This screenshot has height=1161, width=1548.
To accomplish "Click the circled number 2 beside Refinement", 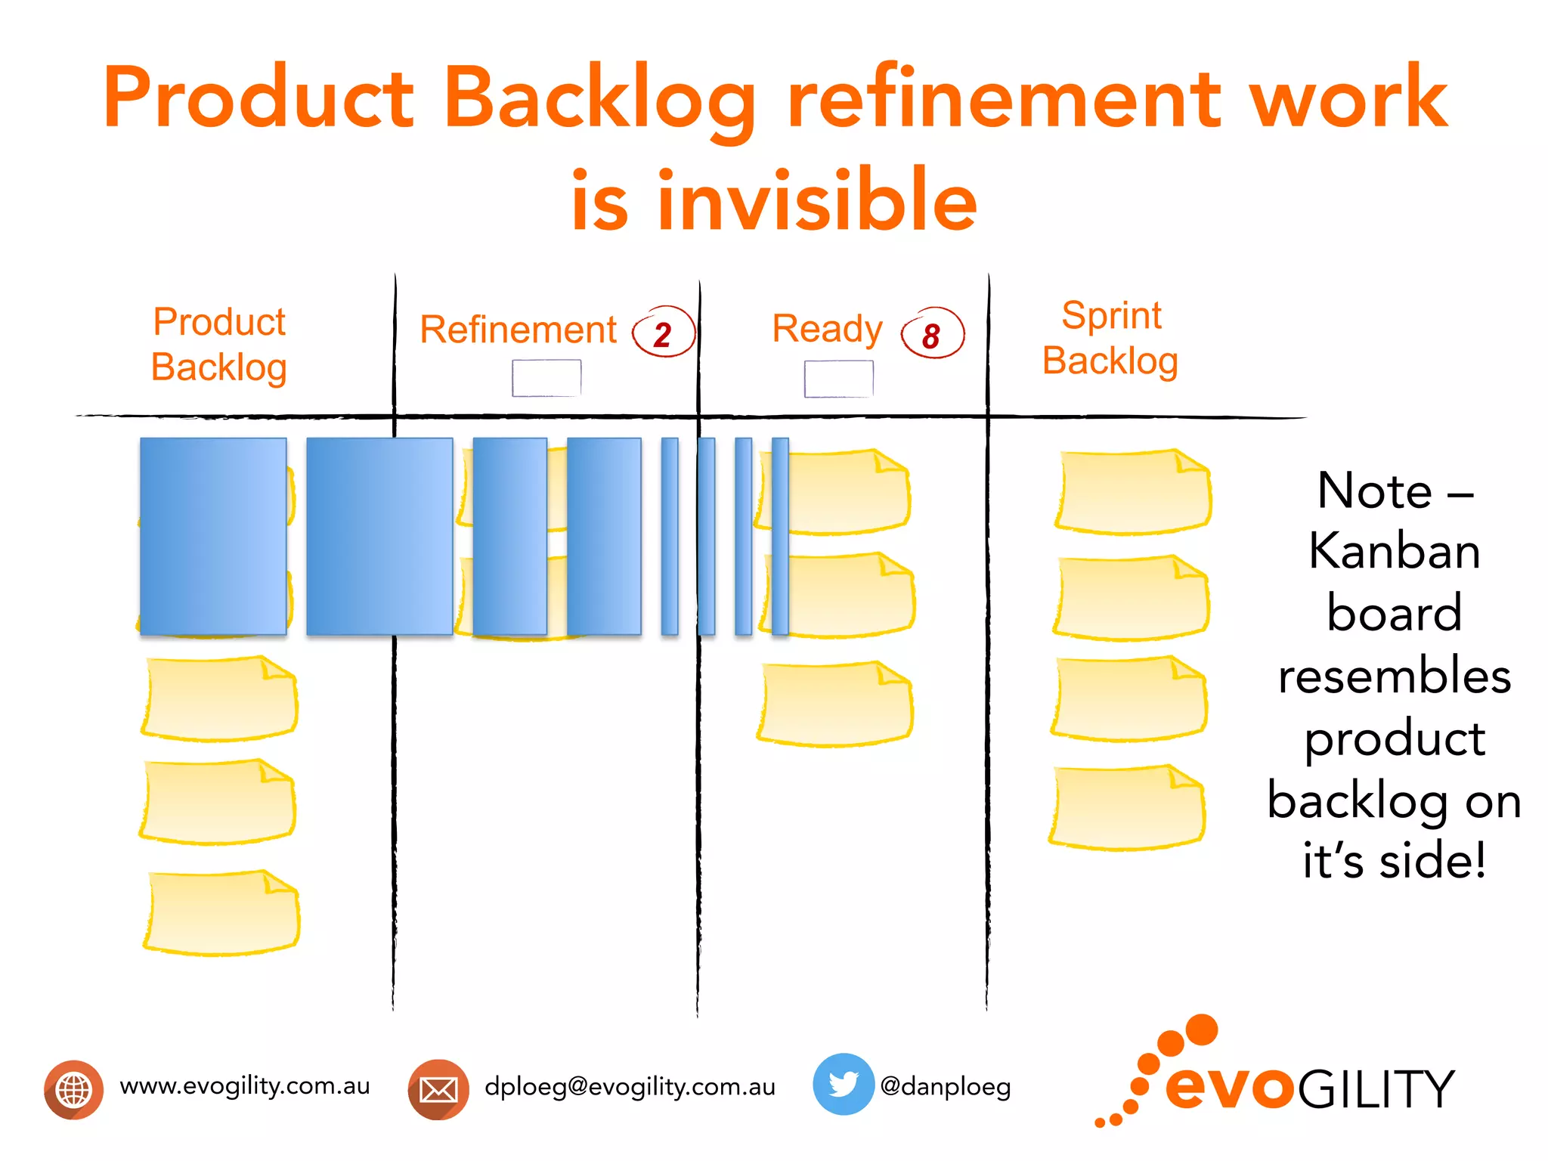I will [663, 333].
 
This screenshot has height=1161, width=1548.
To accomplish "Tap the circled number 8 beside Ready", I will [932, 335].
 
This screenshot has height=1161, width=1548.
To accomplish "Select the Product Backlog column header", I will [219, 345].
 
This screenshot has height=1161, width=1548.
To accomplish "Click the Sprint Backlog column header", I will [1110, 338].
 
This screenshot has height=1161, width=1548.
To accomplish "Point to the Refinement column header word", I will [519, 330].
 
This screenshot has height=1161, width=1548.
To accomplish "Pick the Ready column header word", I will [827, 329].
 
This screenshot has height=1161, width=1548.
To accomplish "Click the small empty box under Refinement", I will [546, 378].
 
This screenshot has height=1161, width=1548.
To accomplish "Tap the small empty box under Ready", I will [838, 379].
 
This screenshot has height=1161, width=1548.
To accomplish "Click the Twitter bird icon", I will [843, 1084].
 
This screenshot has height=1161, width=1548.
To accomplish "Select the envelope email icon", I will [438, 1089].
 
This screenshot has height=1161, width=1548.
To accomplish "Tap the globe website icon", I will [73, 1089].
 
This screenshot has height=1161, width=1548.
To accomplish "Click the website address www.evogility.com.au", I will [245, 1086].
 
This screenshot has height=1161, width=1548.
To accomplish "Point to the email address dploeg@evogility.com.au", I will [630, 1087].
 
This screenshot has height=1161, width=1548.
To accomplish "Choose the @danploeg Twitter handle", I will [945, 1087].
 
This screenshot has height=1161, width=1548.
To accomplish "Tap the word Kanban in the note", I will [1395, 551].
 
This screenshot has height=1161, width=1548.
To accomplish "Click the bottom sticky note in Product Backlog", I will [221, 912].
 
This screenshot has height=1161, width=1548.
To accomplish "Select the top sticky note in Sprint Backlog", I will [1133, 492].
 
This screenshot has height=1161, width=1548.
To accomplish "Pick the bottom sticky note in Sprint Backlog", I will [1127, 807].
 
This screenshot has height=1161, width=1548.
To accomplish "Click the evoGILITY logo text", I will [1309, 1088].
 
